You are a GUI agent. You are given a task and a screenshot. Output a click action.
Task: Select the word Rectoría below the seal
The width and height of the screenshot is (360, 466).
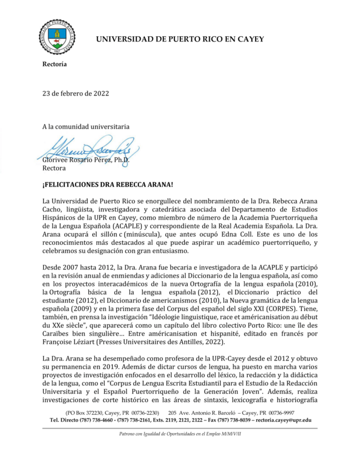coord(55,64)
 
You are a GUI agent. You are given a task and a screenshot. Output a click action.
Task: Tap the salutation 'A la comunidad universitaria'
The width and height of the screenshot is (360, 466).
coord(86,126)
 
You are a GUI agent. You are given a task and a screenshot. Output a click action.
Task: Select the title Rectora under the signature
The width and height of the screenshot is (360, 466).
coord(55,169)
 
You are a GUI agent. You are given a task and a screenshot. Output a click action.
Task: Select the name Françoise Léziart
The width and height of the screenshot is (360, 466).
coord(71,340)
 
